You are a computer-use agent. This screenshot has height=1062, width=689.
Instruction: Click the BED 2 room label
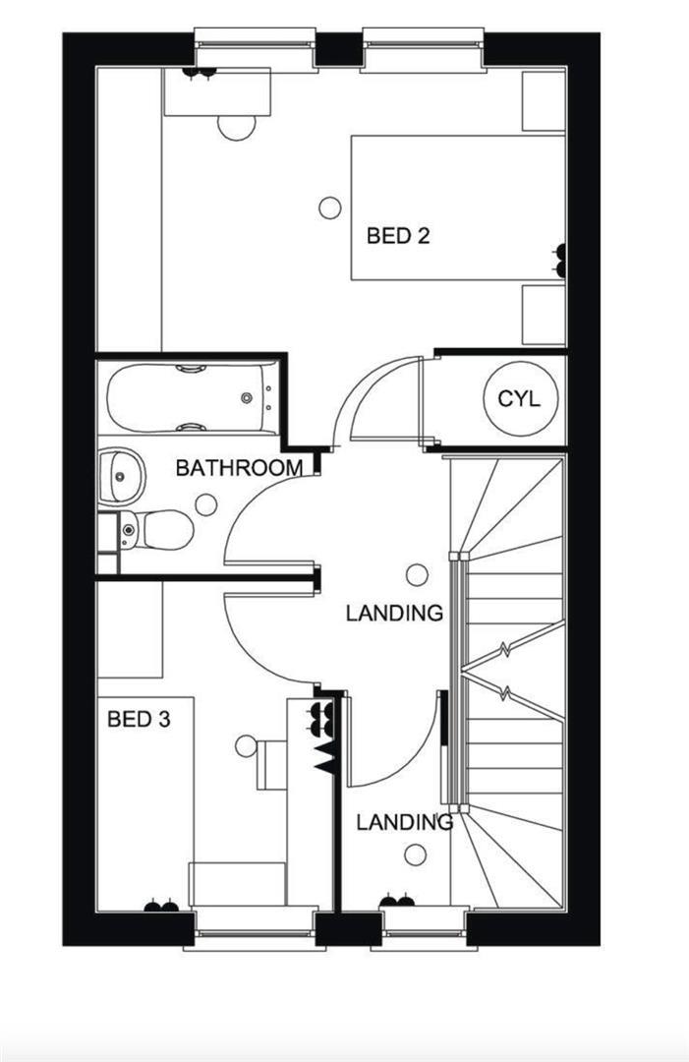pos(398,236)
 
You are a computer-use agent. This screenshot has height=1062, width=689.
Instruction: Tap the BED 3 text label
pos(139,720)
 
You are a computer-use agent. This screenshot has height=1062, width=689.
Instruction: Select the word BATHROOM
pos(239,468)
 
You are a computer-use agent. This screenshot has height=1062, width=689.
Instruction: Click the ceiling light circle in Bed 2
pos(330,207)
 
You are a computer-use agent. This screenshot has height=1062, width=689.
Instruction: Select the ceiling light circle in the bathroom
pos(205,504)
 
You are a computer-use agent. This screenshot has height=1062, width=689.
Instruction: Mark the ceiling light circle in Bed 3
pos(246,746)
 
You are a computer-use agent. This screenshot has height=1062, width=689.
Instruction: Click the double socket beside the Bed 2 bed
pos(560,261)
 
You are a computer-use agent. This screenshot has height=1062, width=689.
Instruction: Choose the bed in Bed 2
pos(458,207)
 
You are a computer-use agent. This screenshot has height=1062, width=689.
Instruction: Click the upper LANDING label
pos(394,614)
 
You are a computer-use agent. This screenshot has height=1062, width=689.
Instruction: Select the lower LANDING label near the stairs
pos(404,821)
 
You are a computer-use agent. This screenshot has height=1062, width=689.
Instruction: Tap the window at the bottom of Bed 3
pos(253,930)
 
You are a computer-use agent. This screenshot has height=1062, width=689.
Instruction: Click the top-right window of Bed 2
pos(424,49)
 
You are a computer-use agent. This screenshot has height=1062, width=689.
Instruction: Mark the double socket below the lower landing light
pos(396,900)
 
